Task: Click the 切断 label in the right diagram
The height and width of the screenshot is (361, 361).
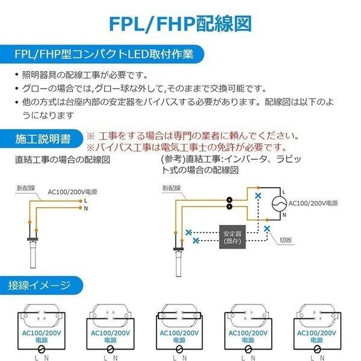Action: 286,240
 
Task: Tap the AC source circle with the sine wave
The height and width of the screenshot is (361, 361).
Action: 279,204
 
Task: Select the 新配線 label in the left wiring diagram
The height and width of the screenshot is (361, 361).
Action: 25,188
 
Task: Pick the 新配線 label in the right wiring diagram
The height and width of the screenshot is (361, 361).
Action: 171,188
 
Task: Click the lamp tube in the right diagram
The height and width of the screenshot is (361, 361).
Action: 180,265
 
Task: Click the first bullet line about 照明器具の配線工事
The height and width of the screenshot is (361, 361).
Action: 84,75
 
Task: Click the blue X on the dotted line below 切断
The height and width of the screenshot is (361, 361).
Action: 267,229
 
